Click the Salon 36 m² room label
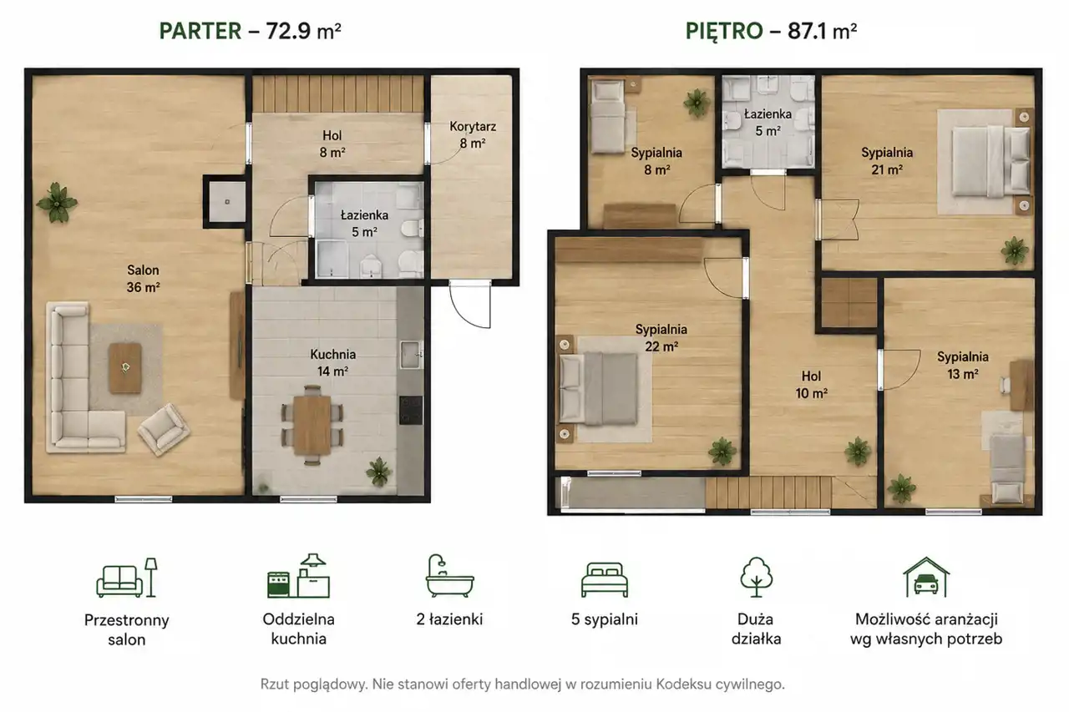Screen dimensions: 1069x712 tap(143, 279)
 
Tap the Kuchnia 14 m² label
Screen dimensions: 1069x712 tap(332, 363)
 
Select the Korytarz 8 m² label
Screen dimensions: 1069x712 tap(473, 135)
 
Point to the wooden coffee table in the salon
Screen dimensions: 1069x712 tap(125, 368)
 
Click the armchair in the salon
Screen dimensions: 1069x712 tap(164, 429)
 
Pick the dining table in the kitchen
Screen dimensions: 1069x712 tap(312, 424)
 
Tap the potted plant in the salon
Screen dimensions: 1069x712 tap(57, 203)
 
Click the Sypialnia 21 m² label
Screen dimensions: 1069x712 tap(887, 161)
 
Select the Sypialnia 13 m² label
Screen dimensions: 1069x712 tap(963, 365)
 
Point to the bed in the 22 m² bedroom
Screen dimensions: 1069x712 tap(599, 388)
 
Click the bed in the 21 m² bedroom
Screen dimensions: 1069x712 tap(990, 161)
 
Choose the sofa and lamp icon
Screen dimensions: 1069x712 tap(127, 578)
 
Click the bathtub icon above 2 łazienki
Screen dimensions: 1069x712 tap(449, 576)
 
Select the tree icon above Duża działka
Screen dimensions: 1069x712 tap(757, 577)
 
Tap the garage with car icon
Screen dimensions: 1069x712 tap(926, 577)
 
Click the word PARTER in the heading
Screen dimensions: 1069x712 tap(200, 31)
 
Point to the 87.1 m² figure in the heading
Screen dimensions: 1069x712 tap(822, 31)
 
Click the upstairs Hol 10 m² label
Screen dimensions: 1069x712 tap(811, 384)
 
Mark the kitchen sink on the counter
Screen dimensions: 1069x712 tap(410, 355)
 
